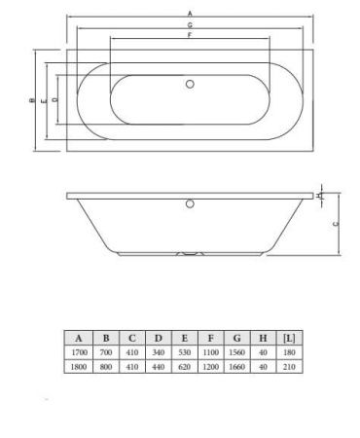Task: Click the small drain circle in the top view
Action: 190,85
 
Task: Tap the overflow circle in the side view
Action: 190,204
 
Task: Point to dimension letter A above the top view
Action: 190,12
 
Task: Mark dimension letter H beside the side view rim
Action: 320,195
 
